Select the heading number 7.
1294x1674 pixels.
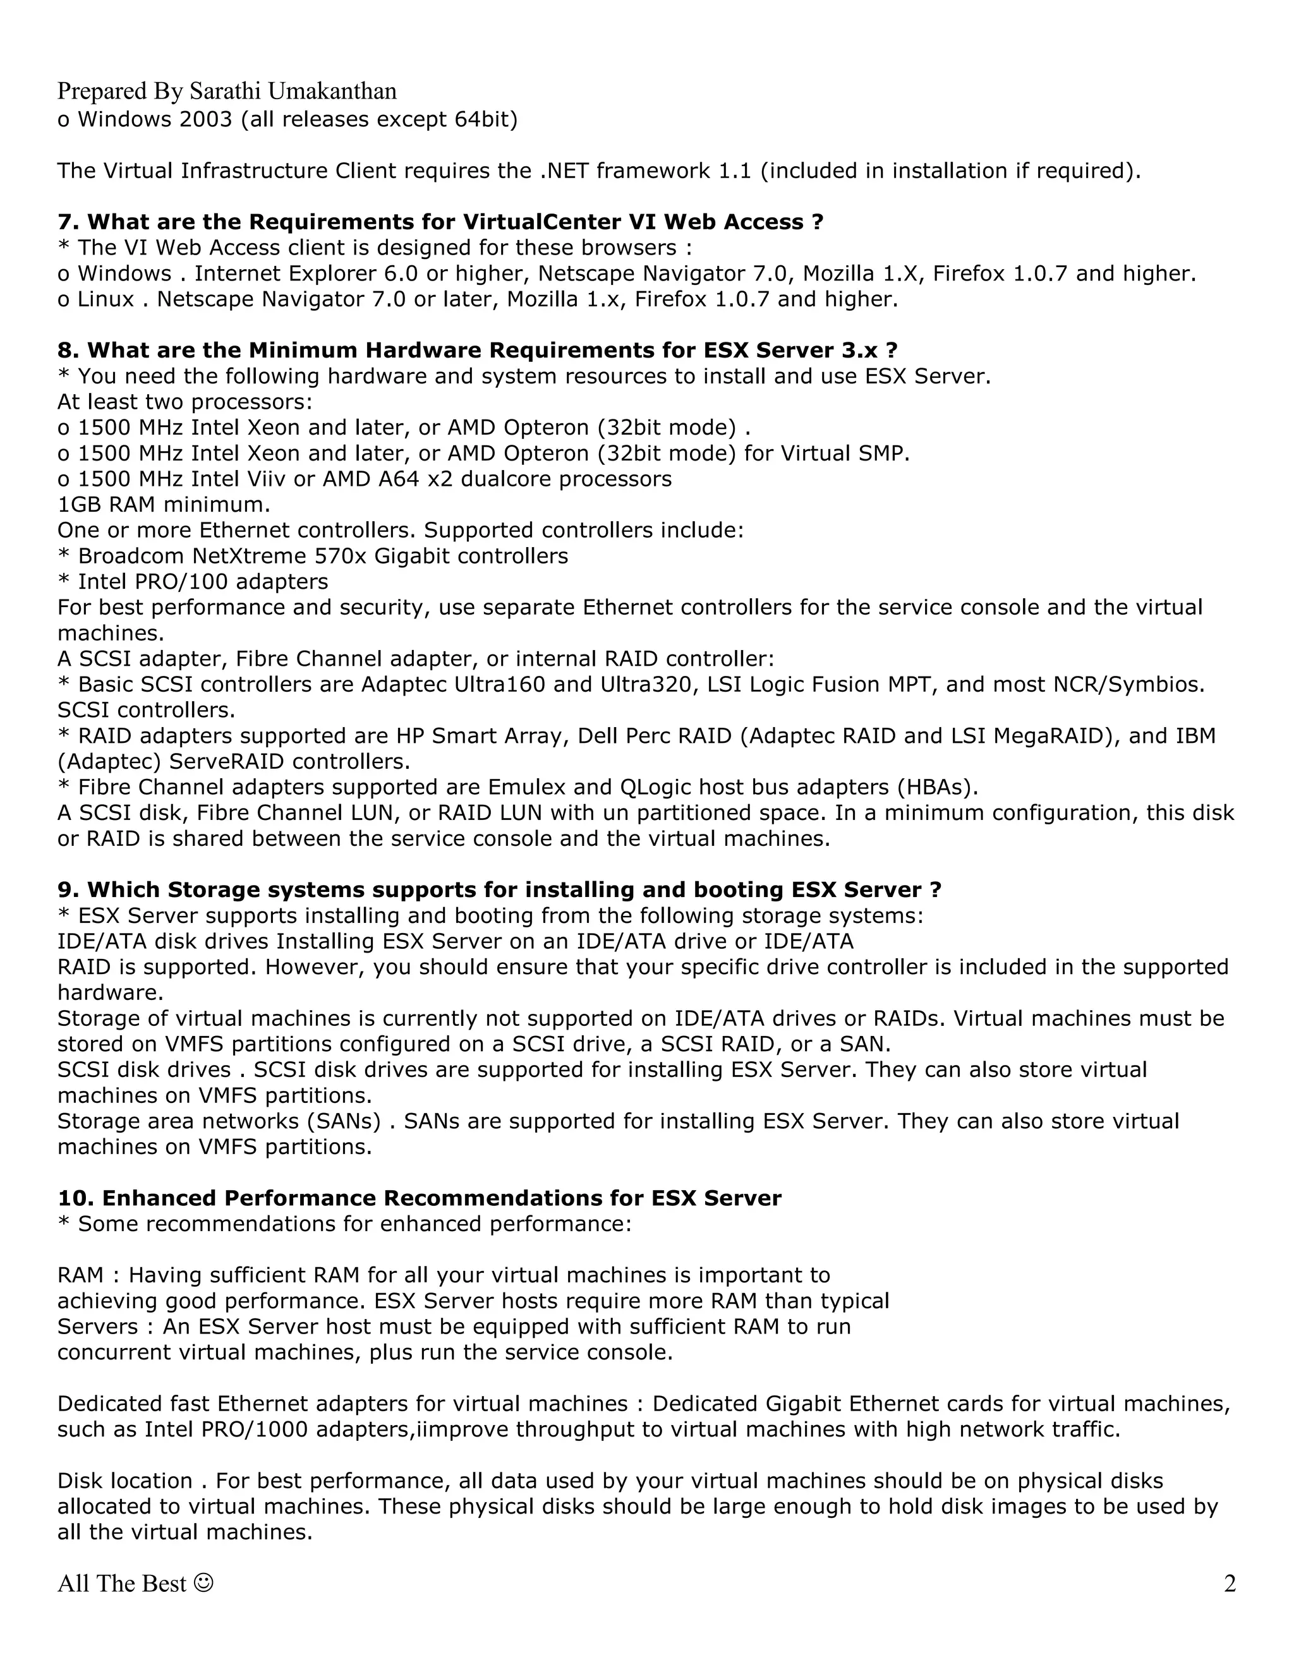[68, 222]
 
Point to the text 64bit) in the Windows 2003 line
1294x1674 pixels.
[489, 119]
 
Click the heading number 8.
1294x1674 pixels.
[68, 351]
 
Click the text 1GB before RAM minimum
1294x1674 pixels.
[73, 504]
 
